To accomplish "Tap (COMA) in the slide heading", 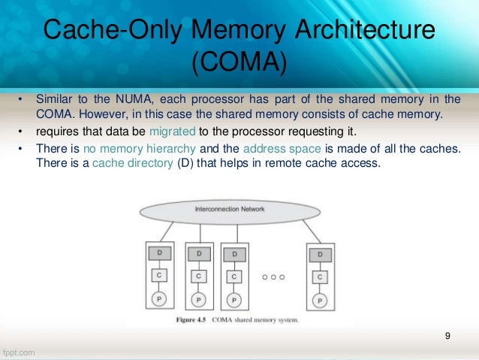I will [239, 64].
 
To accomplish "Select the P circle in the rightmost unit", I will [321, 298].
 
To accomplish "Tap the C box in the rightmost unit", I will [321, 277].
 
